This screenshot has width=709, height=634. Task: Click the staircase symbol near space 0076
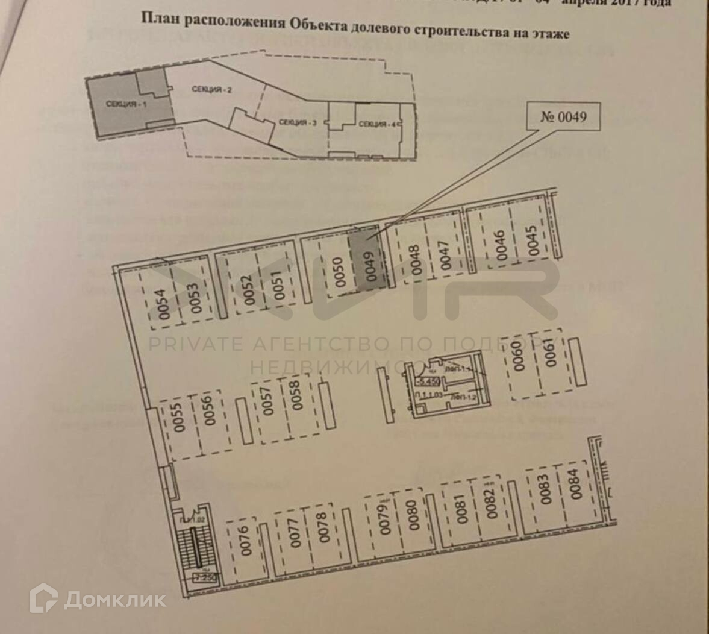(x=194, y=546)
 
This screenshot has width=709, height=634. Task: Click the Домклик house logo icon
(x=43, y=599)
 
